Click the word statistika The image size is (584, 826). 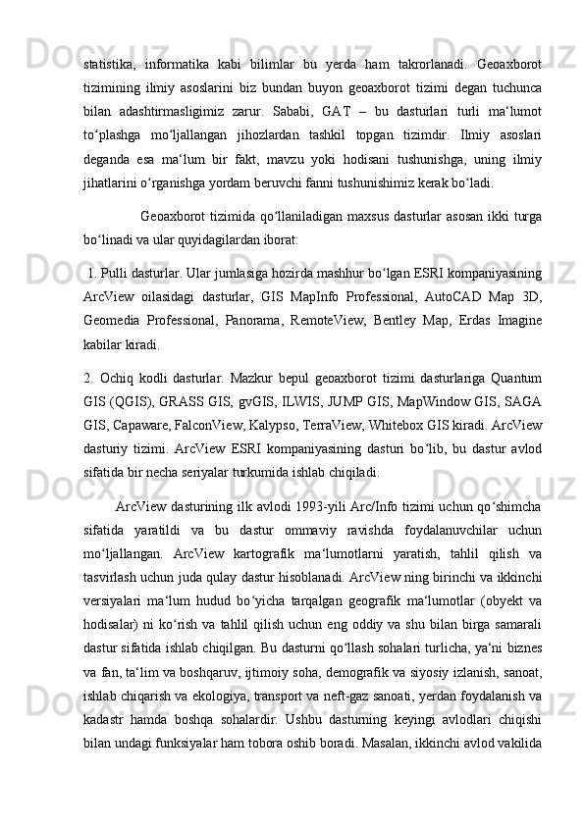coord(111,65)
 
